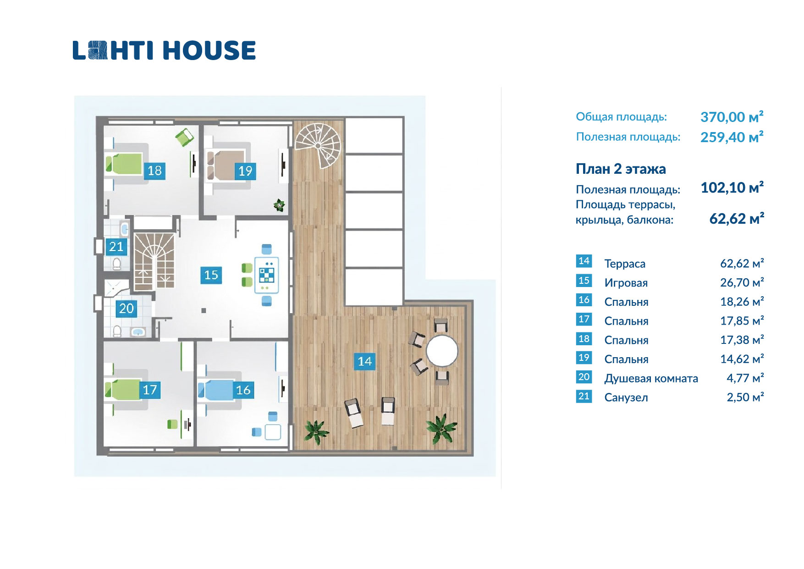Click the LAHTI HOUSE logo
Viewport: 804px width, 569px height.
pos(164,50)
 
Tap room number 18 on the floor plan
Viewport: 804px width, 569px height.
pos(154,171)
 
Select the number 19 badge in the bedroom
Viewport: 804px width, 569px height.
pos(245,171)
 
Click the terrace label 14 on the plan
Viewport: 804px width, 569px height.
pos(365,361)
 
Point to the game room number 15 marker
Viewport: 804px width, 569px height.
pos(211,275)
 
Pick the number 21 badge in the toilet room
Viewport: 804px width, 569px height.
pos(116,247)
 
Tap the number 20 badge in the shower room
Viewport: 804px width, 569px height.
pos(126,308)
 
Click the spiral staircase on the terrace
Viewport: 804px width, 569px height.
pos(318,143)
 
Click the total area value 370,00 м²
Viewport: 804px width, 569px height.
pos(732,117)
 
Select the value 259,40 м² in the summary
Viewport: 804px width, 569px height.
pos(732,137)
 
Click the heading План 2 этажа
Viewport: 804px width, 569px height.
pos(621,169)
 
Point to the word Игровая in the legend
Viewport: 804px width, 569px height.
pos(626,283)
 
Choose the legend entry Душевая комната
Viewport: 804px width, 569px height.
pos(651,378)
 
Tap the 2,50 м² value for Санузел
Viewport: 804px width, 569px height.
pos(745,397)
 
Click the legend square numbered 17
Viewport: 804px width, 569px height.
pos(584,319)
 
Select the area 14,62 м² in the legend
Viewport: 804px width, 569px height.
pos(742,359)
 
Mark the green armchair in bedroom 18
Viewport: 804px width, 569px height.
pos(184,137)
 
